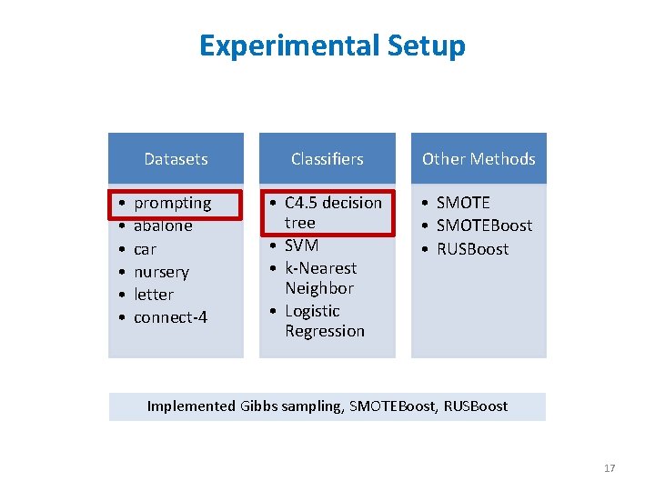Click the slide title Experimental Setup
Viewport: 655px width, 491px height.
click(332, 45)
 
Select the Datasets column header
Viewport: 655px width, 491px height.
click(176, 159)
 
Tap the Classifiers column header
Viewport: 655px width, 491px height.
click(327, 159)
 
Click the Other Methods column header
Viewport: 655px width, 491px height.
click(479, 159)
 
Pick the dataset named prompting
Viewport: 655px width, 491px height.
click(172, 203)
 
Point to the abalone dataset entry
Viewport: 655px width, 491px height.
click(163, 226)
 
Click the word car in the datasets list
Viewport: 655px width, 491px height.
click(145, 249)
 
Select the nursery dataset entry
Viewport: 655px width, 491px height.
click(161, 272)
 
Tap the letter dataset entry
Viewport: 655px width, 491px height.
click(153, 295)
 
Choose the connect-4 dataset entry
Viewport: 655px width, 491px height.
click(170, 317)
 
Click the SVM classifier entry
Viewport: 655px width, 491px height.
click(301, 245)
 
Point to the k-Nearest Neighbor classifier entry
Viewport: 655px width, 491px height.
click(320, 278)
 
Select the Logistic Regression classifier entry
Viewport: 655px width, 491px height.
click(324, 321)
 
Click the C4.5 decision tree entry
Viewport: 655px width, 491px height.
click(332, 212)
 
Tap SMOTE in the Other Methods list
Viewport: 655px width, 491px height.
click(463, 203)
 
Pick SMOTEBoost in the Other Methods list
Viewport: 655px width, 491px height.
click(484, 225)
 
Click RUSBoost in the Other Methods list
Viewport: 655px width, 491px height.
click(472, 249)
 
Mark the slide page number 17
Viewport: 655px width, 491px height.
click(609, 468)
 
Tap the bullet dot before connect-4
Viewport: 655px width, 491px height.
click(121, 318)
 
